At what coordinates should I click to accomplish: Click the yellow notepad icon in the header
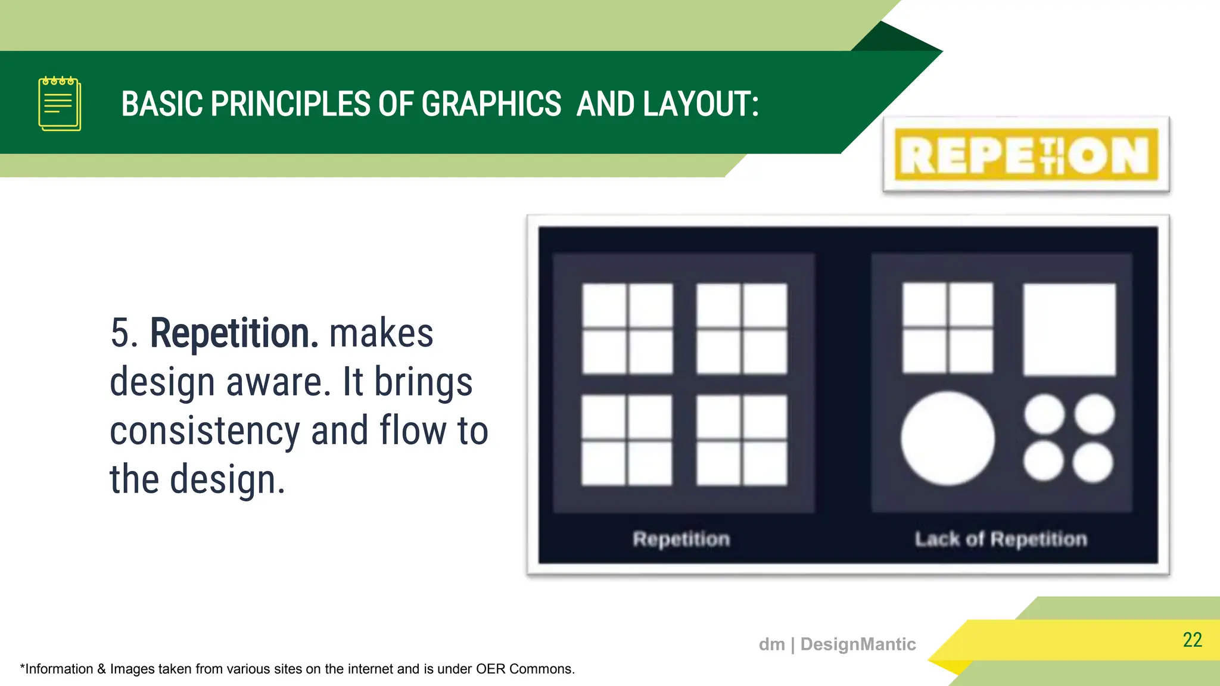[x=60, y=104]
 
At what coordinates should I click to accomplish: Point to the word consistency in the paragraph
[x=204, y=431]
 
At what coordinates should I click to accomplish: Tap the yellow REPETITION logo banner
[x=1026, y=155]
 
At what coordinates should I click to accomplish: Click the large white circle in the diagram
[x=947, y=438]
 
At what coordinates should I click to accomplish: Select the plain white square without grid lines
[x=1069, y=329]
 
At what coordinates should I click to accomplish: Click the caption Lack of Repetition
[x=1001, y=539]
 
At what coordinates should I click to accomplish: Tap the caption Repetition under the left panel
[x=681, y=539]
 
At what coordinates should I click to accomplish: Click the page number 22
[x=1192, y=640]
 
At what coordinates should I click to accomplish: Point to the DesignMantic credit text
[x=837, y=644]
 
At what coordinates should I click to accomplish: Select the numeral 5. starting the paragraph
[x=124, y=333]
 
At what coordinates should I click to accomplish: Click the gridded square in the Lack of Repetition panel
[x=948, y=328]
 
